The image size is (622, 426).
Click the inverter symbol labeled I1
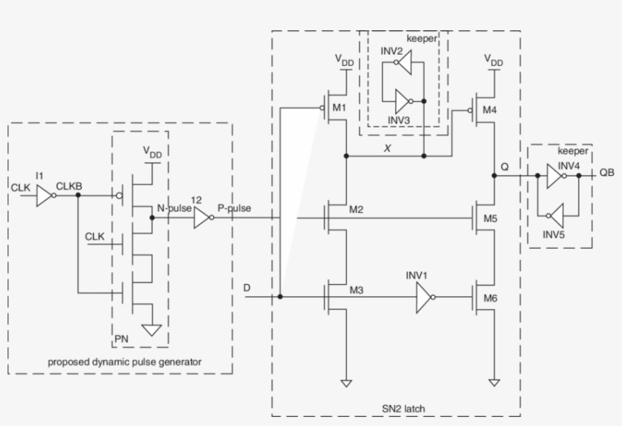click(x=46, y=196)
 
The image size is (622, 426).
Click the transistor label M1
click(x=339, y=108)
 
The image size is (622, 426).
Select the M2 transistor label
click(x=357, y=209)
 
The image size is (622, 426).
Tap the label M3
click(x=357, y=290)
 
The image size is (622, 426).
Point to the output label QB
click(x=607, y=172)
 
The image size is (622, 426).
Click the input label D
click(x=246, y=288)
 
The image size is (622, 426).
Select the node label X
click(x=388, y=149)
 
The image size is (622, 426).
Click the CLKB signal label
click(x=68, y=185)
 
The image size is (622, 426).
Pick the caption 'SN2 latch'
click(x=404, y=409)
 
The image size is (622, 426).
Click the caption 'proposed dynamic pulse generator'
click(x=124, y=362)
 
